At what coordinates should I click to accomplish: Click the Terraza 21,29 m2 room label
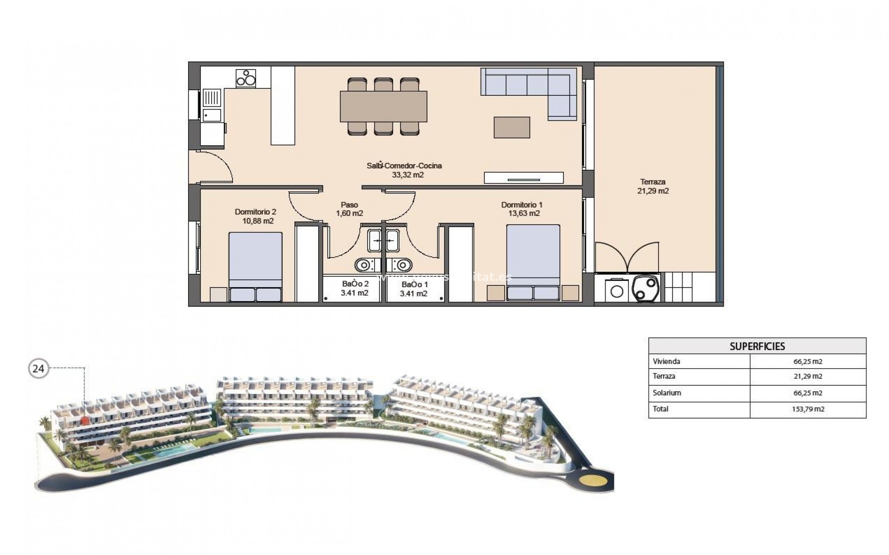tap(653, 186)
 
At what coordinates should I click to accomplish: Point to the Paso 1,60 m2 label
tap(349, 209)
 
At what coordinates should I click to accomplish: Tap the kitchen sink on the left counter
tap(213, 99)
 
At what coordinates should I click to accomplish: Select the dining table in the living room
tap(383, 106)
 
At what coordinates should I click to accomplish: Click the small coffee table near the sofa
tap(512, 127)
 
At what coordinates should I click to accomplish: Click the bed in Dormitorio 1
tap(533, 262)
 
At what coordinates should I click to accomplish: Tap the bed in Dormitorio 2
tap(255, 267)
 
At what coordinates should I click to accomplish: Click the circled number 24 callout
tap(38, 369)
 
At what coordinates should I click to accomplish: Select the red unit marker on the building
tap(84, 420)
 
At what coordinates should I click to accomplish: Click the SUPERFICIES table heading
tap(757, 346)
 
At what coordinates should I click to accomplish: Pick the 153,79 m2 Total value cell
tap(808, 409)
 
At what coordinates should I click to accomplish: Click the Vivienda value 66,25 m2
tap(808, 362)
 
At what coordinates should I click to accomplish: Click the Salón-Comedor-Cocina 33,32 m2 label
tap(404, 170)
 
